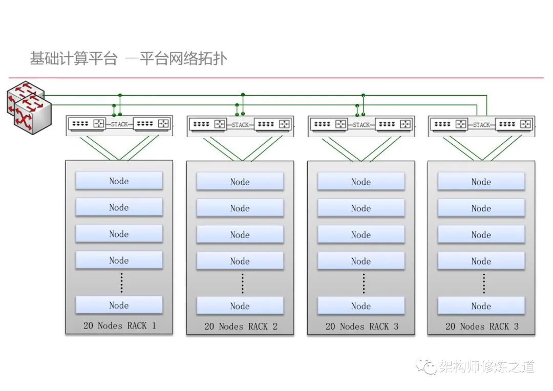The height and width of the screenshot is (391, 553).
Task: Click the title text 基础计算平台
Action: (74, 59)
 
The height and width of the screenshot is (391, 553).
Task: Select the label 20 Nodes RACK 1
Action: (119, 325)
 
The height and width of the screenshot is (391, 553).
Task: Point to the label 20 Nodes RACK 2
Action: (241, 327)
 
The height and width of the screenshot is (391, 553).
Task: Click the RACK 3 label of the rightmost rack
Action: (482, 327)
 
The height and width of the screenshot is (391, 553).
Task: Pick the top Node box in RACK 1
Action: (119, 181)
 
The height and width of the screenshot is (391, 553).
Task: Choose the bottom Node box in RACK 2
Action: (240, 306)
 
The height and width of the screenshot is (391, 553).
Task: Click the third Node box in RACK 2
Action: (240, 235)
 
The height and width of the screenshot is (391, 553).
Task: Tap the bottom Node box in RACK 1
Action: (119, 306)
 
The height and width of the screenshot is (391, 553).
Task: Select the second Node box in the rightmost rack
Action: (481, 208)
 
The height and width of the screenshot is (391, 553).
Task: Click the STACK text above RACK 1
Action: (119, 124)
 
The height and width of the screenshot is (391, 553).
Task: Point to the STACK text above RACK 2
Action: (240, 125)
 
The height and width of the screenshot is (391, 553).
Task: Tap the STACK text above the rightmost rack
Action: (481, 125)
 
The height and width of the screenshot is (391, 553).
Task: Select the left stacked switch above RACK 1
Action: (88, 124)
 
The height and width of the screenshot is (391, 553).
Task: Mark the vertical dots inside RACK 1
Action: (121, 283)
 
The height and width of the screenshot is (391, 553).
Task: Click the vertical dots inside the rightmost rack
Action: (484, 283)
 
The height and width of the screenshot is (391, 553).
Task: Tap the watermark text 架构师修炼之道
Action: (487, 366)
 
